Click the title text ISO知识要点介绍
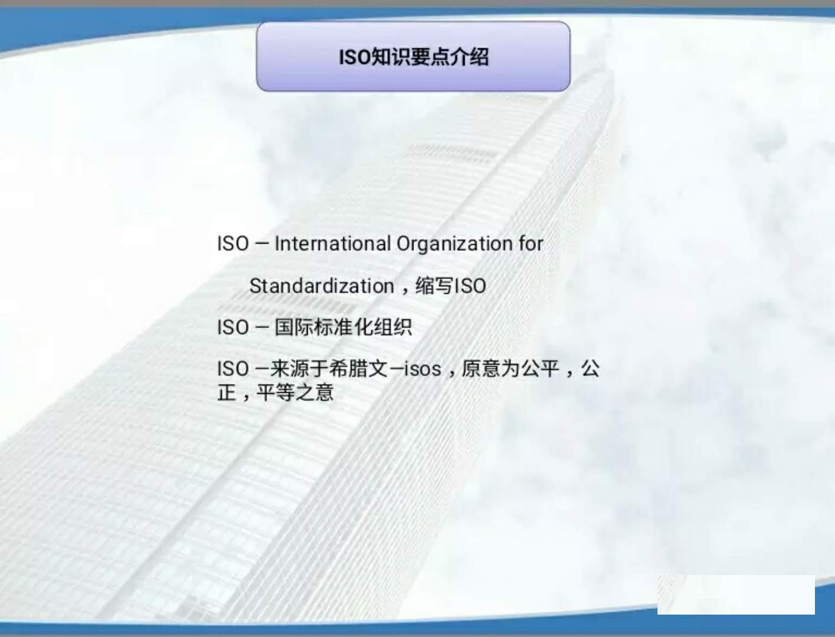point(413,57)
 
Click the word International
point(333,244)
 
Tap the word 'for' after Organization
point(531,244)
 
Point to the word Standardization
point(322,286)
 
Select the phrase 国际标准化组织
point(343,327)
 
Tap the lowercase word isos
point(422,369)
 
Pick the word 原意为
point(491,369)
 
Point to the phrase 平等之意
point(295,392)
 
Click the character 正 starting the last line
point(226,392)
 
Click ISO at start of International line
point(233,244)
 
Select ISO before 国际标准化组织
point(233,327)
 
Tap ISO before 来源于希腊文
point(233,369)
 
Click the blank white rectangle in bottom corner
point(736,595)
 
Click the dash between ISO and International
point(262,244)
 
